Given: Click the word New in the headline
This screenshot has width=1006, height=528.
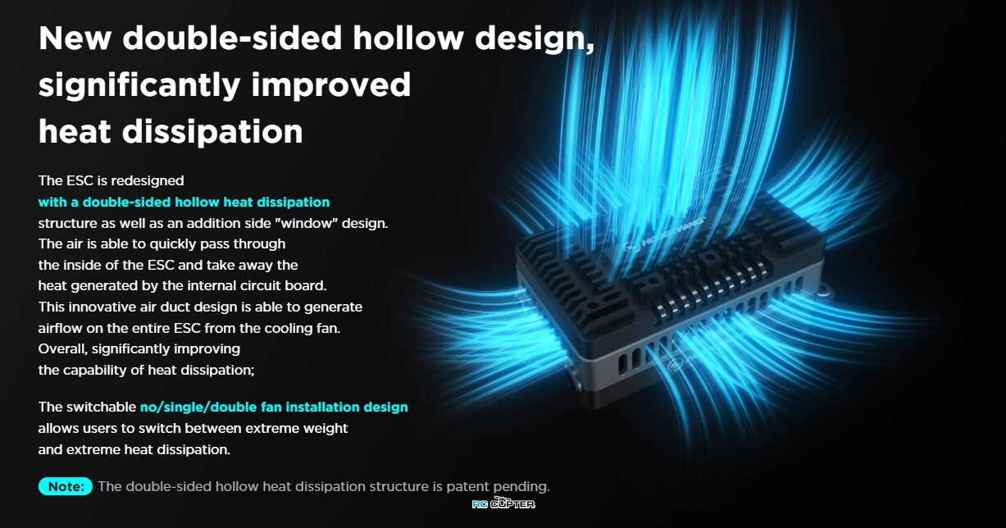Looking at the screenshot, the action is click(75, 38).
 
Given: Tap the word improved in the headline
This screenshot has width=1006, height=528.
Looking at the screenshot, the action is click(331, 85).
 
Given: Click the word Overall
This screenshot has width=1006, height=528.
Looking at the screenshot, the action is click(62, 349).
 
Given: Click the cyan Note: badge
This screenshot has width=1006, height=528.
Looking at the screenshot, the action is click(66, 487).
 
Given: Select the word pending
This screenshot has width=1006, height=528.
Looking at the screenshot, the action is click(521, 488).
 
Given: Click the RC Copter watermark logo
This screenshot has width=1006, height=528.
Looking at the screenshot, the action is click(503, 503).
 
